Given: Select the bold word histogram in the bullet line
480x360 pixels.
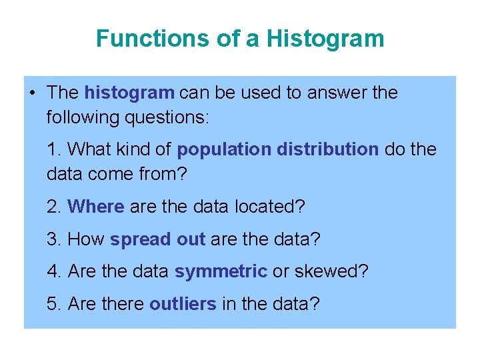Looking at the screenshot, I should (x=129, y=93).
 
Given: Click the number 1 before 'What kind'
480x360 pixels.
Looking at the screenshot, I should (x=51, y=149).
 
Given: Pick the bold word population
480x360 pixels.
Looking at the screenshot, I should (x=224, y=149).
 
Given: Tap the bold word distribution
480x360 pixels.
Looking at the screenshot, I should (x=327, y=149).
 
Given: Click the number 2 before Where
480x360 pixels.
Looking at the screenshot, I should (x=52, y=207).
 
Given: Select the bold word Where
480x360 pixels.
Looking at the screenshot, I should (x=96, y=207).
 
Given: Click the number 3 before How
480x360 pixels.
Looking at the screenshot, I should (x=52, y=239).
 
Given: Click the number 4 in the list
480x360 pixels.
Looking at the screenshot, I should (x=52, y=271).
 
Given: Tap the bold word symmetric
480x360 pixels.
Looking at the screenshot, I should (x=221, y=272).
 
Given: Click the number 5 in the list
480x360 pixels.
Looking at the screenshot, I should (x=52, y=304).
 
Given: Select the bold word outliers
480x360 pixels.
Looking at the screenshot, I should (x=183, y=304).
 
